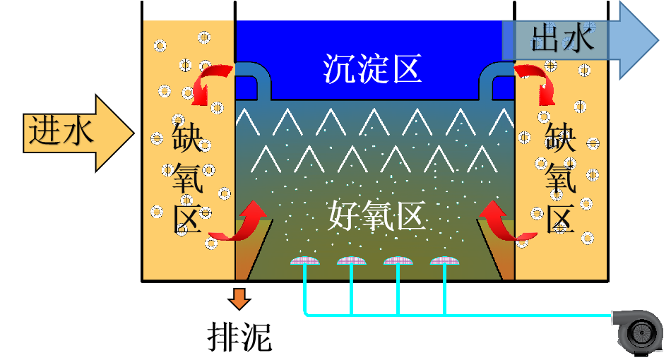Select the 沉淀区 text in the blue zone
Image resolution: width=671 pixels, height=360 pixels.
click(372, 69)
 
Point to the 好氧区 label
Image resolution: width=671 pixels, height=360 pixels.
click(377, 215)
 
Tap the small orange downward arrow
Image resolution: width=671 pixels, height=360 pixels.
click(240, 298)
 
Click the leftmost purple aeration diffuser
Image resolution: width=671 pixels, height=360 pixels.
click(305, 261)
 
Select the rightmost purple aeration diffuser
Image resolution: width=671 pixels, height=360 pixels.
click(445, 261)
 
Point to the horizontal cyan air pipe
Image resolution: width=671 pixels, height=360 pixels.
click(459, 315)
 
